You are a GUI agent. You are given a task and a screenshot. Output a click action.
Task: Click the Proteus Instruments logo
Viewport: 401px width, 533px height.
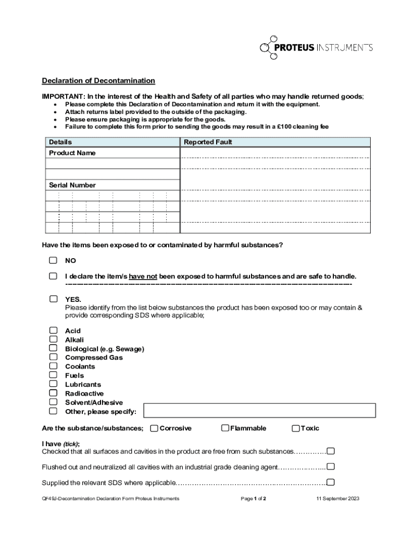[x=316, y=47]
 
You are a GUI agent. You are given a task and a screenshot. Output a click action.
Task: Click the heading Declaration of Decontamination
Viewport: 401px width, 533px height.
[x=98, y=81]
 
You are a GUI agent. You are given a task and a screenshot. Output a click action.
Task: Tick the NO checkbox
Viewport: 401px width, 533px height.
[x=53, y=260]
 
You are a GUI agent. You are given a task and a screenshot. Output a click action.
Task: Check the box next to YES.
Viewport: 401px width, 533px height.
[x=53, y=299]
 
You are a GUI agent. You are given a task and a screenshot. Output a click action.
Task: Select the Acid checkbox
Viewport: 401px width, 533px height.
[x=53, y=331]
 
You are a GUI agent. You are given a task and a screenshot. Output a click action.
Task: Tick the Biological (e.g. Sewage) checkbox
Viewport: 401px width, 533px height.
[x=53, y=348]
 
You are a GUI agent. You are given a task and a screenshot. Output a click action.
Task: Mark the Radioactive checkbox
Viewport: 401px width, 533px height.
[x=53, y=393]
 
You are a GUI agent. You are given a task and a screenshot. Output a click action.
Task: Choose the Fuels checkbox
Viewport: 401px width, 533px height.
[x=53, y=375]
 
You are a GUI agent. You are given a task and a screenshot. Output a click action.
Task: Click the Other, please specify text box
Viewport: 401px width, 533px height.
[x=259, y=410]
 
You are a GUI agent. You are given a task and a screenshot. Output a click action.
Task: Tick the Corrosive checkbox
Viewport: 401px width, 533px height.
[x=154, y=428]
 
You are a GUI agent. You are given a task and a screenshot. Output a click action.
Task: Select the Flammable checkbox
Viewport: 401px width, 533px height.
[x=225, y=428]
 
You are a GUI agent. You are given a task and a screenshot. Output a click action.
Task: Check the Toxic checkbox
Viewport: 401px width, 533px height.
[x=296, y=428]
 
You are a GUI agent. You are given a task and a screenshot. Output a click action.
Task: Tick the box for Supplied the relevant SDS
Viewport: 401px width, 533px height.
[x=330, y=482]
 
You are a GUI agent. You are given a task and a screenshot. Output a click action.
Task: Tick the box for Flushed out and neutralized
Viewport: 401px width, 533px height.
[x=330, y=466]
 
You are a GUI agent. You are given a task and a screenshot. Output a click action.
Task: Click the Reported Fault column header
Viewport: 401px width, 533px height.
[x=208, y=142]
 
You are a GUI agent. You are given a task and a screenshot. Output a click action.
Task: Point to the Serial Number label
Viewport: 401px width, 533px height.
[x=72, y=185]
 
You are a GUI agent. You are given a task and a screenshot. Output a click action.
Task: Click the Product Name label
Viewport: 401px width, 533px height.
[x=72, y=153]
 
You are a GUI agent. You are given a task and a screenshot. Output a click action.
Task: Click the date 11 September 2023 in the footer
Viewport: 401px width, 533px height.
[x=337, y=499]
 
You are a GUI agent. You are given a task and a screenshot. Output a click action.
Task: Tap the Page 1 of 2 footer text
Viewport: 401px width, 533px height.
[x=254, y=499]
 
